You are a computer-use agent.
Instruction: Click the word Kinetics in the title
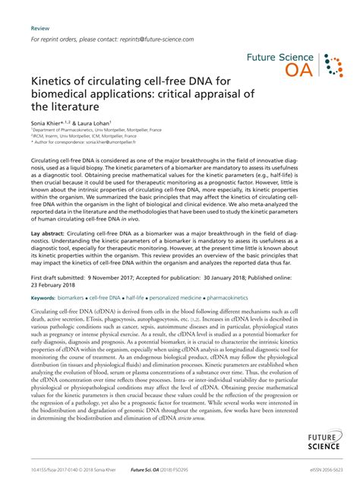[55, 82]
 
